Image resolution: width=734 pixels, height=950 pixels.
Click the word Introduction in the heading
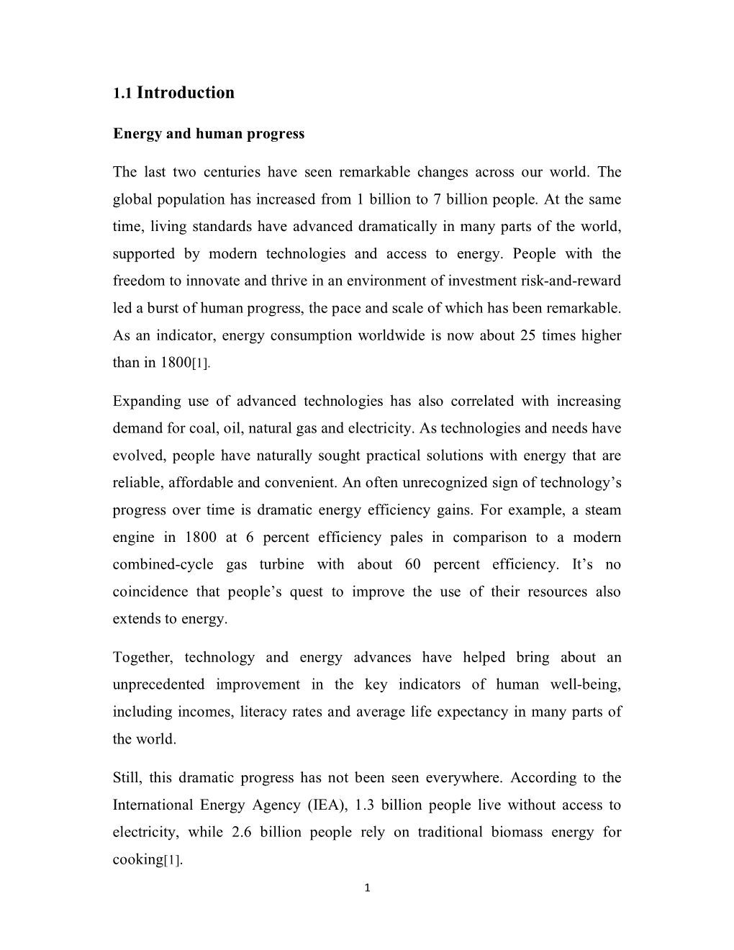[185, 93]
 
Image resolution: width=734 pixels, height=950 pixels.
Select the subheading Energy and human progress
[209, 135]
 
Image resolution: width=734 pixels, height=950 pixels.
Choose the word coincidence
[148, 592]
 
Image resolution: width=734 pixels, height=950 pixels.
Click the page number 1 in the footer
[367, 888]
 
